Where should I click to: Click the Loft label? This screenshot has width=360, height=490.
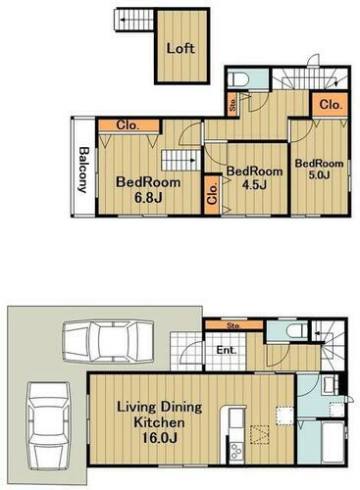(x=180, y=48)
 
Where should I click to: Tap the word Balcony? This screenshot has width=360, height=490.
(x=84, y=170)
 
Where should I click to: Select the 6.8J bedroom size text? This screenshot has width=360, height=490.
(x=148, y=198)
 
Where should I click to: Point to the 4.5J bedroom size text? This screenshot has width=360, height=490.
(x=254, y=185)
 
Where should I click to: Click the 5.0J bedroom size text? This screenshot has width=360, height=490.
(x=319, y=174)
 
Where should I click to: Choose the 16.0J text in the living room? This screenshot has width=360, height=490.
(x=159, y=438)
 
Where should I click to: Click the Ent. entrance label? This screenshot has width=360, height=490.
(x=227, y=351)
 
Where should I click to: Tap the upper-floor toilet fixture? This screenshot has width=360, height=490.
(x=238, y=78)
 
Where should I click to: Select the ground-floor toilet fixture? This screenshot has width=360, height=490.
(x=297, y=330)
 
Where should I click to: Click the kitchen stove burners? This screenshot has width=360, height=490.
(x=236, y=451)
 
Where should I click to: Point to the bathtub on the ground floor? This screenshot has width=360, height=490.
(x=333, y=442)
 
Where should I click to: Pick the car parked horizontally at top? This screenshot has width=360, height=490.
(x=108, y=342)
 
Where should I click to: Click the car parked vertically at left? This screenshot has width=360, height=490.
(x=49, y=426)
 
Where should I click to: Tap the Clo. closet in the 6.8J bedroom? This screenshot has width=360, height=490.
(x=129, y=125)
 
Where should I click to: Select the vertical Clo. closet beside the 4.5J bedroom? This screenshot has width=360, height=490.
(x=213, y=195)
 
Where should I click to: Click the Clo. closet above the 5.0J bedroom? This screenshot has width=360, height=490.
(x=330, y=105)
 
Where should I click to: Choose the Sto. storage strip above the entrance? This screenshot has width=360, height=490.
(x=233, y=325)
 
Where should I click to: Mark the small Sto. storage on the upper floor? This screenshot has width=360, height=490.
(x=232, y=104)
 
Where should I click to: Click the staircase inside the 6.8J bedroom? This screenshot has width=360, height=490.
(x=180, y=160)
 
